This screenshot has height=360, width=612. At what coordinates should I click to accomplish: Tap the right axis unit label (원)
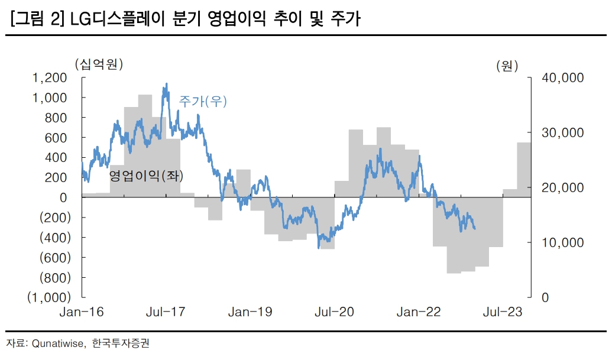pos(507,66)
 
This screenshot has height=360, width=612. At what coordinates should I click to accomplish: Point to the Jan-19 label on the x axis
pos(250,312)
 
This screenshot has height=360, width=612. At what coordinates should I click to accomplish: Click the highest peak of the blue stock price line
pos(166,85)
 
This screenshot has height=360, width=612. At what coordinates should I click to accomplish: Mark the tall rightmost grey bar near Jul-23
pos(524,170)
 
